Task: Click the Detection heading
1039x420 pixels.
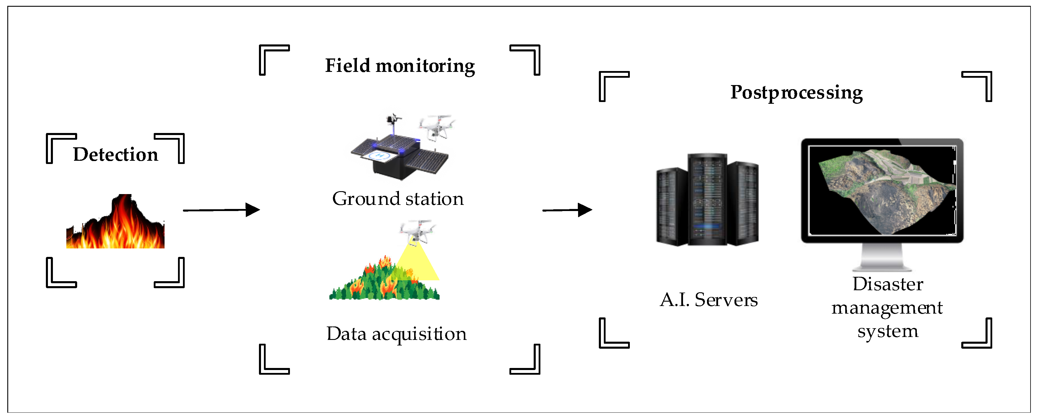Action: pyautogui.click(x=115, y=155)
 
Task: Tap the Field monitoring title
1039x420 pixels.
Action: pyautogui.click(x=400, y=66)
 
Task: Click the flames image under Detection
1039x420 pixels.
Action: pyautogui.click(x=115, y=226)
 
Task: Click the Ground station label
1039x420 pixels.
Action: pyautogui.click(x=398, y=199)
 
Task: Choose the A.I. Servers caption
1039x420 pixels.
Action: pyautogui.click(x=709, y=300)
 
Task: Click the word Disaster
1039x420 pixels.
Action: pyautogui.click(x=887, y=284)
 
